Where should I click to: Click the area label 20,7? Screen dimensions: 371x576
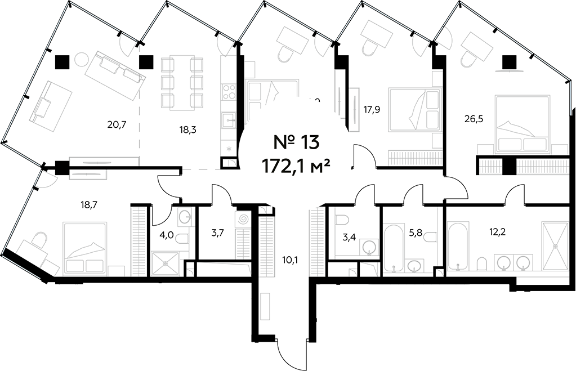coord(116,124)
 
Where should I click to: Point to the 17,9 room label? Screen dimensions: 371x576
coord(372,110)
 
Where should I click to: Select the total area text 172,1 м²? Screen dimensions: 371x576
coord(295,166)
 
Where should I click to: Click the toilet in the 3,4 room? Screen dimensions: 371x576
coord(343,219)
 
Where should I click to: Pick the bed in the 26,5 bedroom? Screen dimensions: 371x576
coord(522,124)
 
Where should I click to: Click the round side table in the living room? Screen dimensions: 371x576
coord(82,59)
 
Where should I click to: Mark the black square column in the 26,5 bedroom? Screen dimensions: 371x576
coord(510,61)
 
